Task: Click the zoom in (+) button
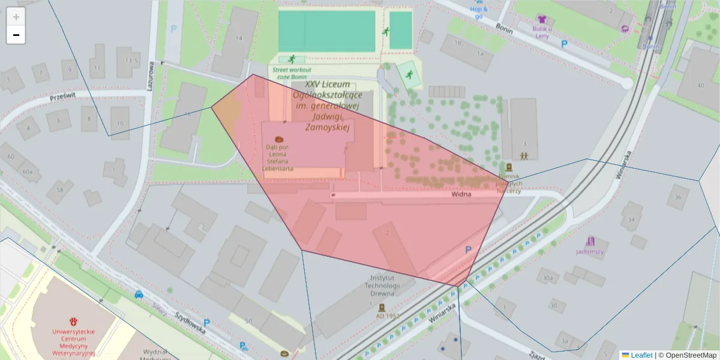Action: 16,17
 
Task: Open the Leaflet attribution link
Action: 641,355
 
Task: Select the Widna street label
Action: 461,194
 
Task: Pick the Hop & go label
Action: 478,13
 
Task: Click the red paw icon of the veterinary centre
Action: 74,321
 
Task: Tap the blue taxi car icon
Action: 139,294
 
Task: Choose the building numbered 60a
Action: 28,172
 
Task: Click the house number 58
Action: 59,190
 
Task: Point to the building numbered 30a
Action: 547,278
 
